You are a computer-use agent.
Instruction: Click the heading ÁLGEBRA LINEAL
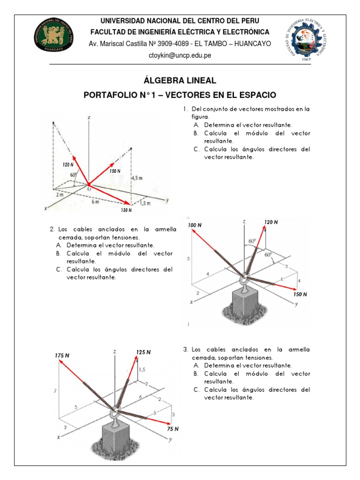click(180, 81)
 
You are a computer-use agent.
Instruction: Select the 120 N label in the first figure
click(68, 165)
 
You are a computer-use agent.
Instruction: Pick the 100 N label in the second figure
click(195, 225)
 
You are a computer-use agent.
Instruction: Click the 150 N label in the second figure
click(300, 294)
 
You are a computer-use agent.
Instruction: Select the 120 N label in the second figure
click(271, 222)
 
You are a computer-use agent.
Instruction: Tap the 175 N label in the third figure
click(62, 356)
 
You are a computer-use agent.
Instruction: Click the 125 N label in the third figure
click(143, 352)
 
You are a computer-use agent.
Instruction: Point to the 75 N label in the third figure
click(173, 428)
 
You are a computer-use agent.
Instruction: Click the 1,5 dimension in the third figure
click(142, 370)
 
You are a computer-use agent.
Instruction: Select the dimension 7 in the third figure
click(55, 390)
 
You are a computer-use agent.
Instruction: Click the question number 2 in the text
click(52, 229)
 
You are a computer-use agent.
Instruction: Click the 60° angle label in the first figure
click(73, 175)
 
